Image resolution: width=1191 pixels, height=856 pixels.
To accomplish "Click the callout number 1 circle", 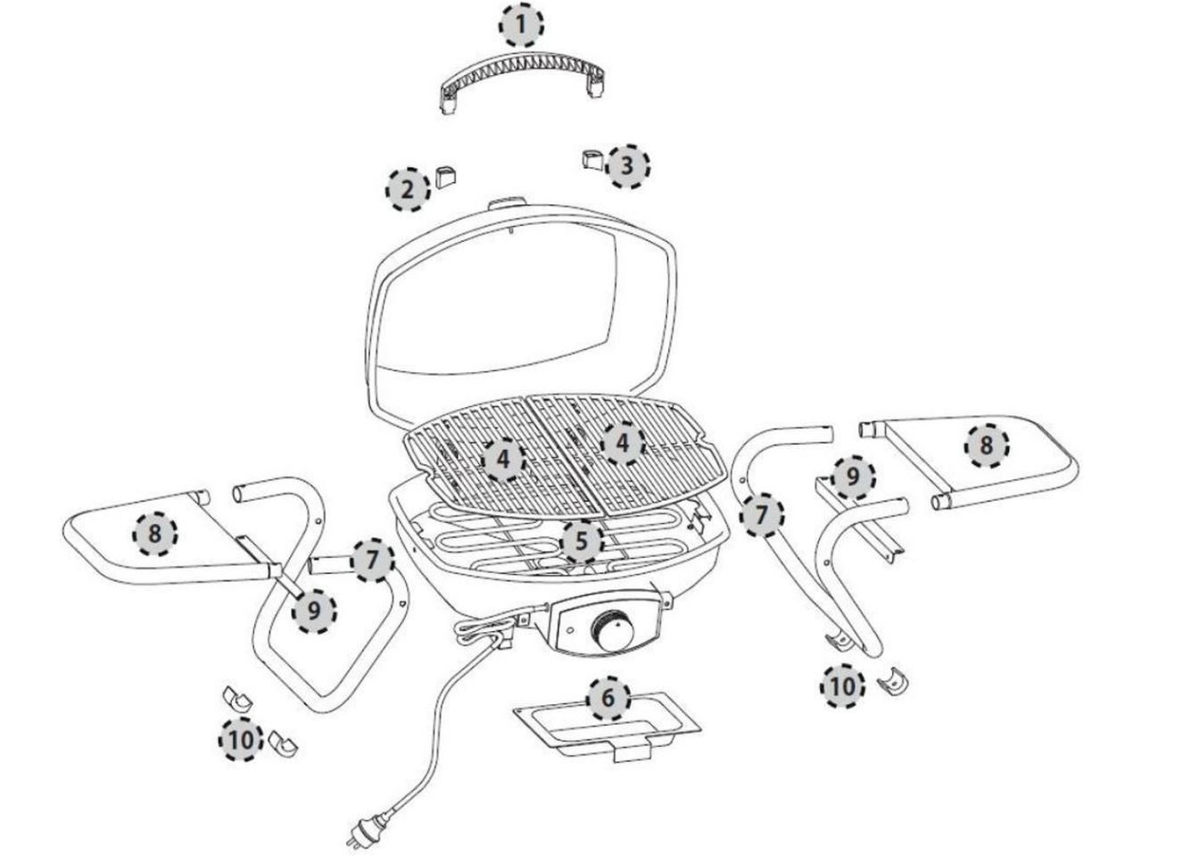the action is [x=522, y=25].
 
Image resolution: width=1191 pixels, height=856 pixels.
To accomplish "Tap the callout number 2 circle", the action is [x=408, y=190].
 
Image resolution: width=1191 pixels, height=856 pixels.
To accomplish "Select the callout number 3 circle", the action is [x=627, y=165].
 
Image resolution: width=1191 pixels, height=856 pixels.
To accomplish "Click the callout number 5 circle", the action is [x=581, y=542].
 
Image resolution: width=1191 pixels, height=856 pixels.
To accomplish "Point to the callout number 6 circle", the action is [x=608, y=699].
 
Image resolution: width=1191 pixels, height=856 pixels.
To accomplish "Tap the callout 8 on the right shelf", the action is [x=987, y=445].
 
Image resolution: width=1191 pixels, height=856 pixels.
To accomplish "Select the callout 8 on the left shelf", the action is [x=154, y=534].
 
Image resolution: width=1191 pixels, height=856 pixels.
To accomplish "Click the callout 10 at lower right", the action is [x=842, y=686].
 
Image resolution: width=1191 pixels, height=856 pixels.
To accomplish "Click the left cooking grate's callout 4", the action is [x=503, y=459].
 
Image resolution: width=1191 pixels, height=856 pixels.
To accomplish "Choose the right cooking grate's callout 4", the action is [x=622, y=443].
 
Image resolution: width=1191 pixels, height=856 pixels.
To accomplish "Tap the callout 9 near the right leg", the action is [x=852, y=477].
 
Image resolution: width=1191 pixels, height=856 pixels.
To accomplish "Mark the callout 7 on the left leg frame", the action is [x=372, y=560].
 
